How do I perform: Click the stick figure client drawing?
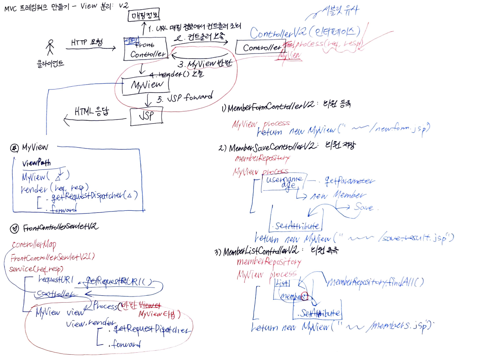pos(50,47)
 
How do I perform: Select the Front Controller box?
pos(146,48)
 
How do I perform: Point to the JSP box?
pos(146,116)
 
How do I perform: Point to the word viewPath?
pos(37,164)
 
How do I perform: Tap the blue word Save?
pos(363,207)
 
